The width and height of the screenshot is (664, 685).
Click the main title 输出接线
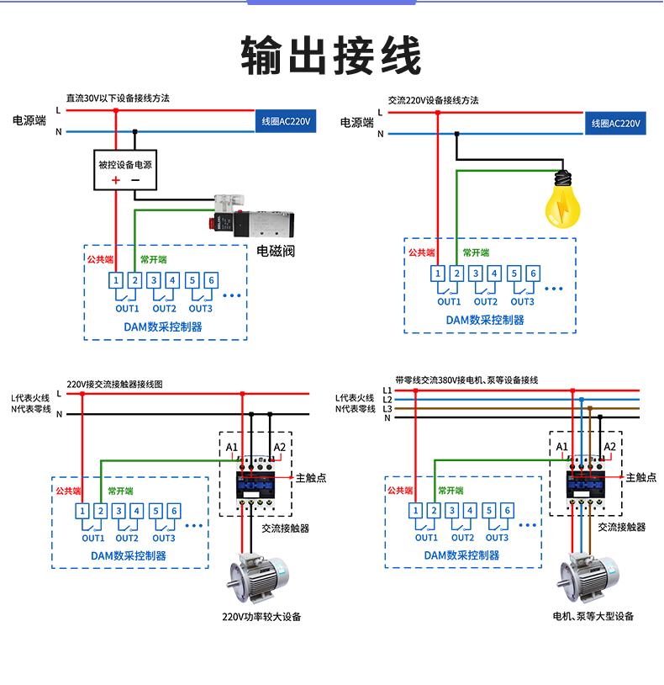coord(331,57)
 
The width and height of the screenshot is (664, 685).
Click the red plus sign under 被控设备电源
coord(116,180)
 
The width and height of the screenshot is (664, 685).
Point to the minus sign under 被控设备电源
coord(135,180)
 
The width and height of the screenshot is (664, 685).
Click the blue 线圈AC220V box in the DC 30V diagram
coord(286,122)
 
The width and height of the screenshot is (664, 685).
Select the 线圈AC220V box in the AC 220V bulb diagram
coord(615,124)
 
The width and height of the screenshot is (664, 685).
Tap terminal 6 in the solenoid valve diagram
coord(210,280)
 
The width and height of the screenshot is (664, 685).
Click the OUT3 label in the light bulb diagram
coord(522,301)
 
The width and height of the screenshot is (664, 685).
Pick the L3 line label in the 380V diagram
coord(387,408)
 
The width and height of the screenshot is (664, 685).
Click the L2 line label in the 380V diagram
coord(387,399)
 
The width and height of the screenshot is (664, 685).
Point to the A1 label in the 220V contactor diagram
coord(232,446)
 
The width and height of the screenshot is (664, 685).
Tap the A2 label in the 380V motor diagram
coord(610,446)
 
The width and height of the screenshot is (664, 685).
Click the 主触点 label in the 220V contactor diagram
coord(311,477)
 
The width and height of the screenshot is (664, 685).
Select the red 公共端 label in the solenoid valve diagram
coord(100,259)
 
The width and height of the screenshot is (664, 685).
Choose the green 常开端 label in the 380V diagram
coord(451,490)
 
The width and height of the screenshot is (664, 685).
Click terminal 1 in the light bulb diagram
coord(437,273)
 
